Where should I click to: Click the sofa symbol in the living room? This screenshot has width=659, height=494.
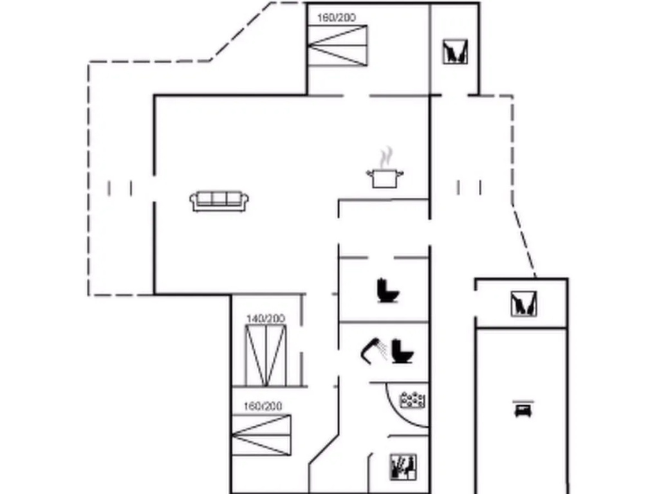click(219, 201)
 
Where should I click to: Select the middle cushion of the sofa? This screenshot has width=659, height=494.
click(219, 198)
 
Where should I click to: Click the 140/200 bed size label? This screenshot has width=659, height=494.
click(266, 319)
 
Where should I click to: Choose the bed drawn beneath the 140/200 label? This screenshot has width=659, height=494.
click(266, 355)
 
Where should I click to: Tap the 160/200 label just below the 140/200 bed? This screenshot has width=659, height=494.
click(263, 407)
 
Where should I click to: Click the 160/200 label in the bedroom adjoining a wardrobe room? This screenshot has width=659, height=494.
click(336, 17)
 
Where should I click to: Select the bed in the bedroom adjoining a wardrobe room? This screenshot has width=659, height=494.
click(337, 46)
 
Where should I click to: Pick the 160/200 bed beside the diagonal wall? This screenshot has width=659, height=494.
click(261, 435)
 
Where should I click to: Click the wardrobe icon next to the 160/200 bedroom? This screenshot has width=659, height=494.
click(455, 51)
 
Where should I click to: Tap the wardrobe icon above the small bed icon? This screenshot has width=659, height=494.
click(524, 304)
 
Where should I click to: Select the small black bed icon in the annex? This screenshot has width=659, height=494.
click(523, 408)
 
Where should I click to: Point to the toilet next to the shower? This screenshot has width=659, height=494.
click(402, 351)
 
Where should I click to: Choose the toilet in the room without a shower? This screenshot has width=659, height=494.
click(388, 290)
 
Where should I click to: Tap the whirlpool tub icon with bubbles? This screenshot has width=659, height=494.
click(413, 400)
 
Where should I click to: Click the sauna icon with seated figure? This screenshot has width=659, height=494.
click(403, 467)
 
